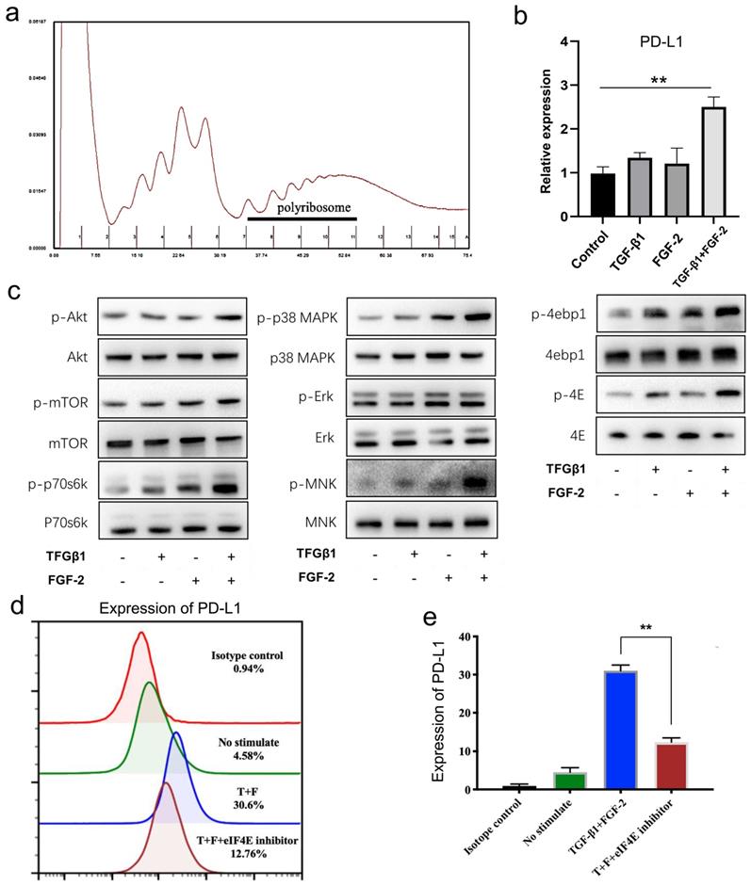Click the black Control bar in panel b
(576, 195)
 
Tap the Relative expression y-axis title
(545, 129)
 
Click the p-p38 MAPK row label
(297, 318)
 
